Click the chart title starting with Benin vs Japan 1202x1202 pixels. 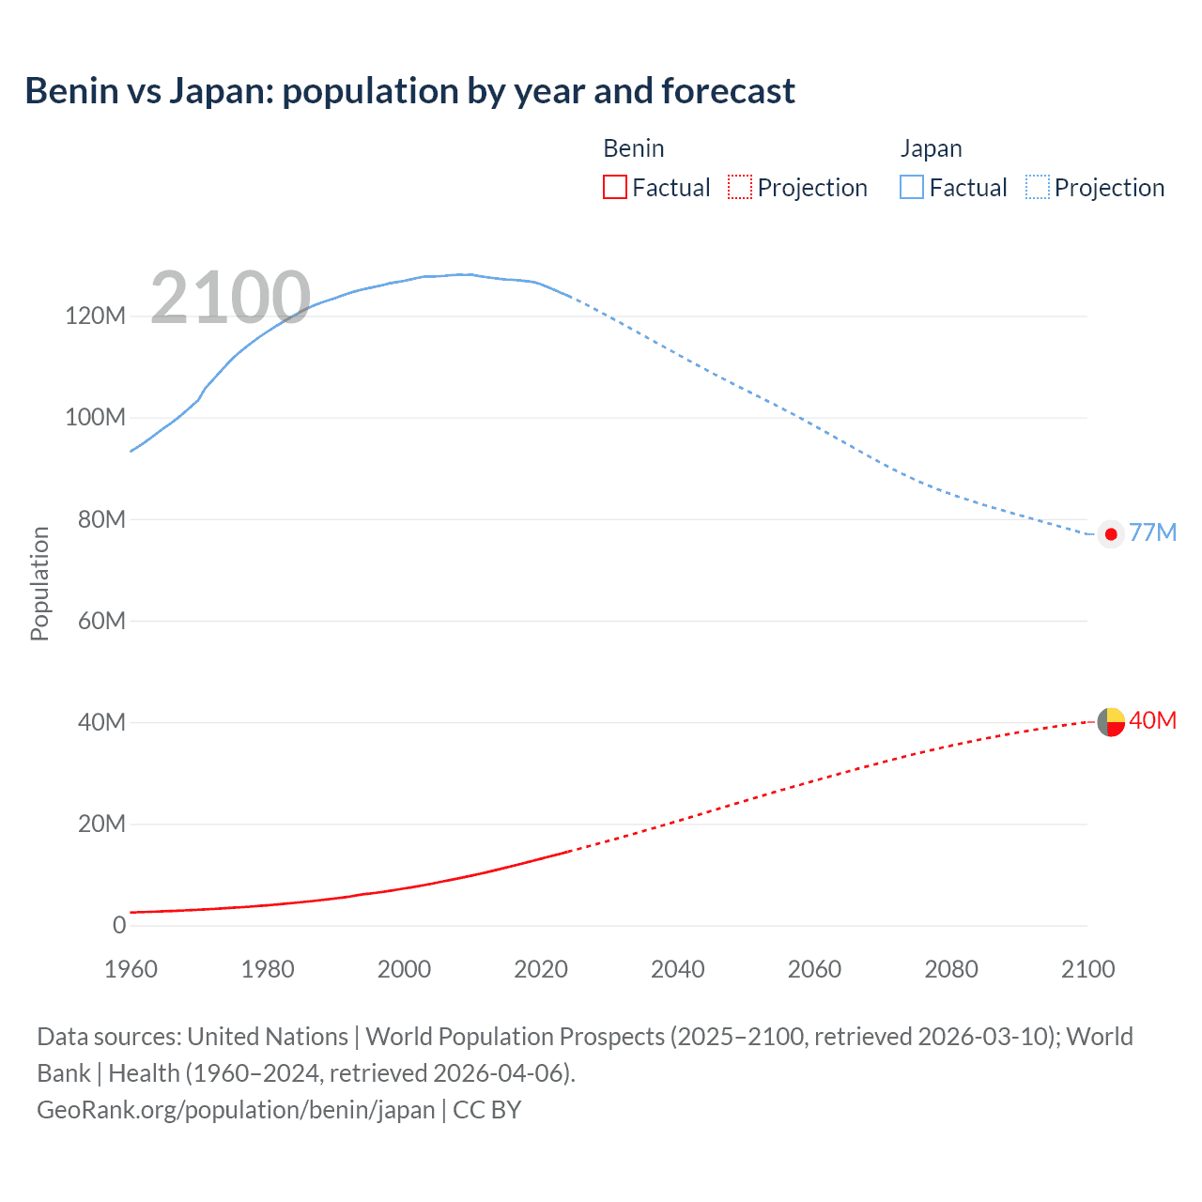(x=409, y=91)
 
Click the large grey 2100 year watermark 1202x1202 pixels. (x=230, y=298)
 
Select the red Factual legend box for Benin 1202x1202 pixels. (x=614, y=188)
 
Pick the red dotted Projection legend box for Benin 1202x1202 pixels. (x=740, y=188)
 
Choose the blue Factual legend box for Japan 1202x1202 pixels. (x=911, y=188)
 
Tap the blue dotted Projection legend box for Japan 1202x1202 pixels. (x=1038, y=188)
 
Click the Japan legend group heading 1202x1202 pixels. (x=931, y=148)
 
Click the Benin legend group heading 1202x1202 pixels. (x=633, y=148)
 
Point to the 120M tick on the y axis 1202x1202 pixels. (x=95, y=316)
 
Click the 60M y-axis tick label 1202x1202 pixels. (x=100, y=621)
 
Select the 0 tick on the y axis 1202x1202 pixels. (x=119, y=925)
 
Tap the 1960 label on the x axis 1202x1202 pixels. (x=131, y=969)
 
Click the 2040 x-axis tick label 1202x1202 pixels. (x=677, y=969)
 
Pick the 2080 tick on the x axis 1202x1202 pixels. (x=950, y=969)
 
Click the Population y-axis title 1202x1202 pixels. (x=39, y=583)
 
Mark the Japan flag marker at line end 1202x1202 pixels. (x=1111, y=534)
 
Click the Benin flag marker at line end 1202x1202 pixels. (x=1111, y=722)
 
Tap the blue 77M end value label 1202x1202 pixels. (x=1152, y=532)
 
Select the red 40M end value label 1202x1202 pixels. (x=1152, y=720)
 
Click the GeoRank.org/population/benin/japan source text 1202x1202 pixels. (x=236, y=1110)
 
